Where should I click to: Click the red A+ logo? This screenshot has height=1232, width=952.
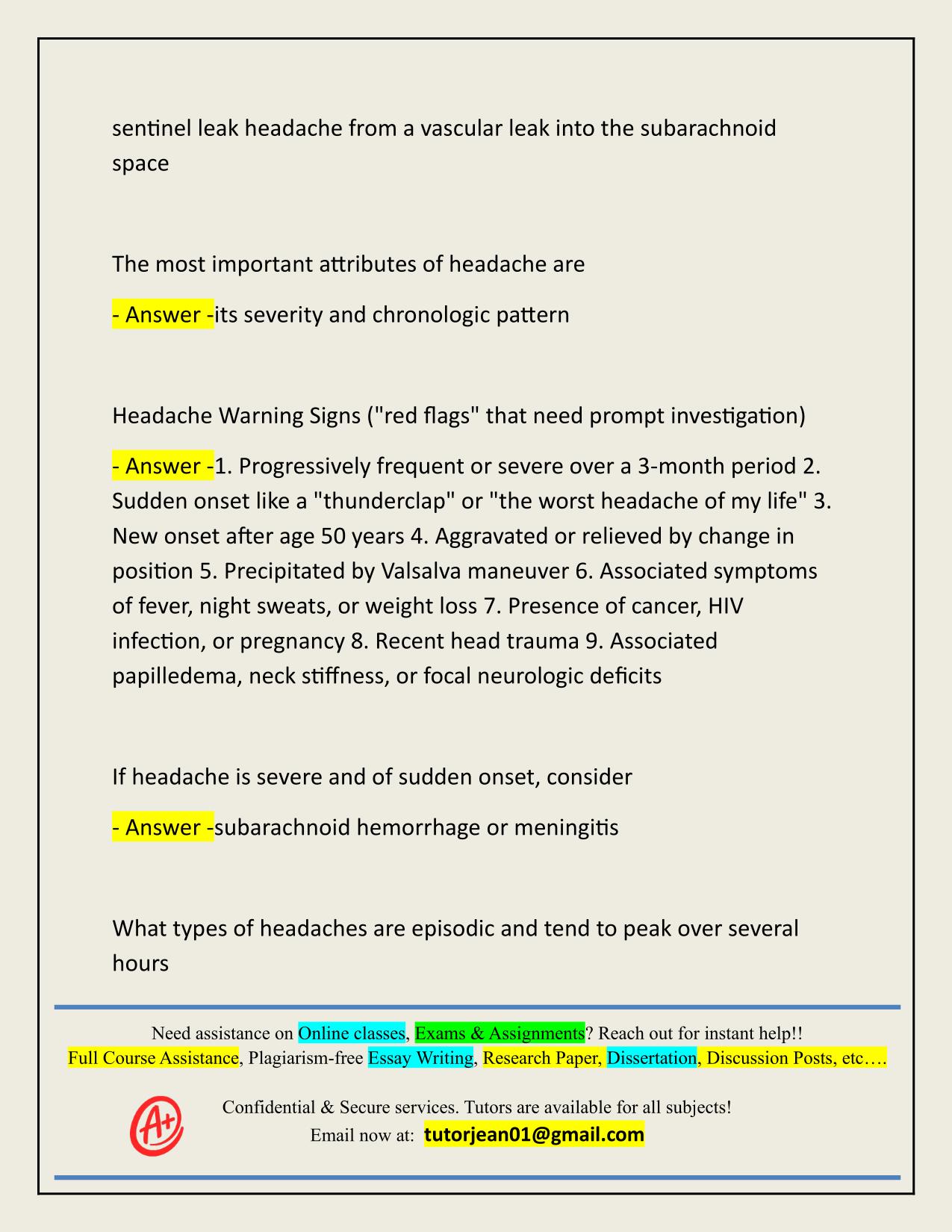pos(157,1125)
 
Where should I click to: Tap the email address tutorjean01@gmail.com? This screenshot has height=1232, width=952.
pos(534,1135)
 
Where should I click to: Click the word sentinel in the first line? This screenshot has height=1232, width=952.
pos(152,128)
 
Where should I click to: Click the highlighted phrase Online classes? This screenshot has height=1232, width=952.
pos(351,1033)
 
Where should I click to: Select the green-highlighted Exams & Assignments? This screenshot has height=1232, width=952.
pos(500,1033)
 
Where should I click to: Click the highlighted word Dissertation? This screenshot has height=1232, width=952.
pos(651,1058)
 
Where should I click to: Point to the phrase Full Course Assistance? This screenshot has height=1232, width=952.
pos(153,1058)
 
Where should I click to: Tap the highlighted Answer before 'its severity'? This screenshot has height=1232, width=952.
pos(163,315)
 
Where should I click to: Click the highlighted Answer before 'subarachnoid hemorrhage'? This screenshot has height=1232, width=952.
pos(163,828)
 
